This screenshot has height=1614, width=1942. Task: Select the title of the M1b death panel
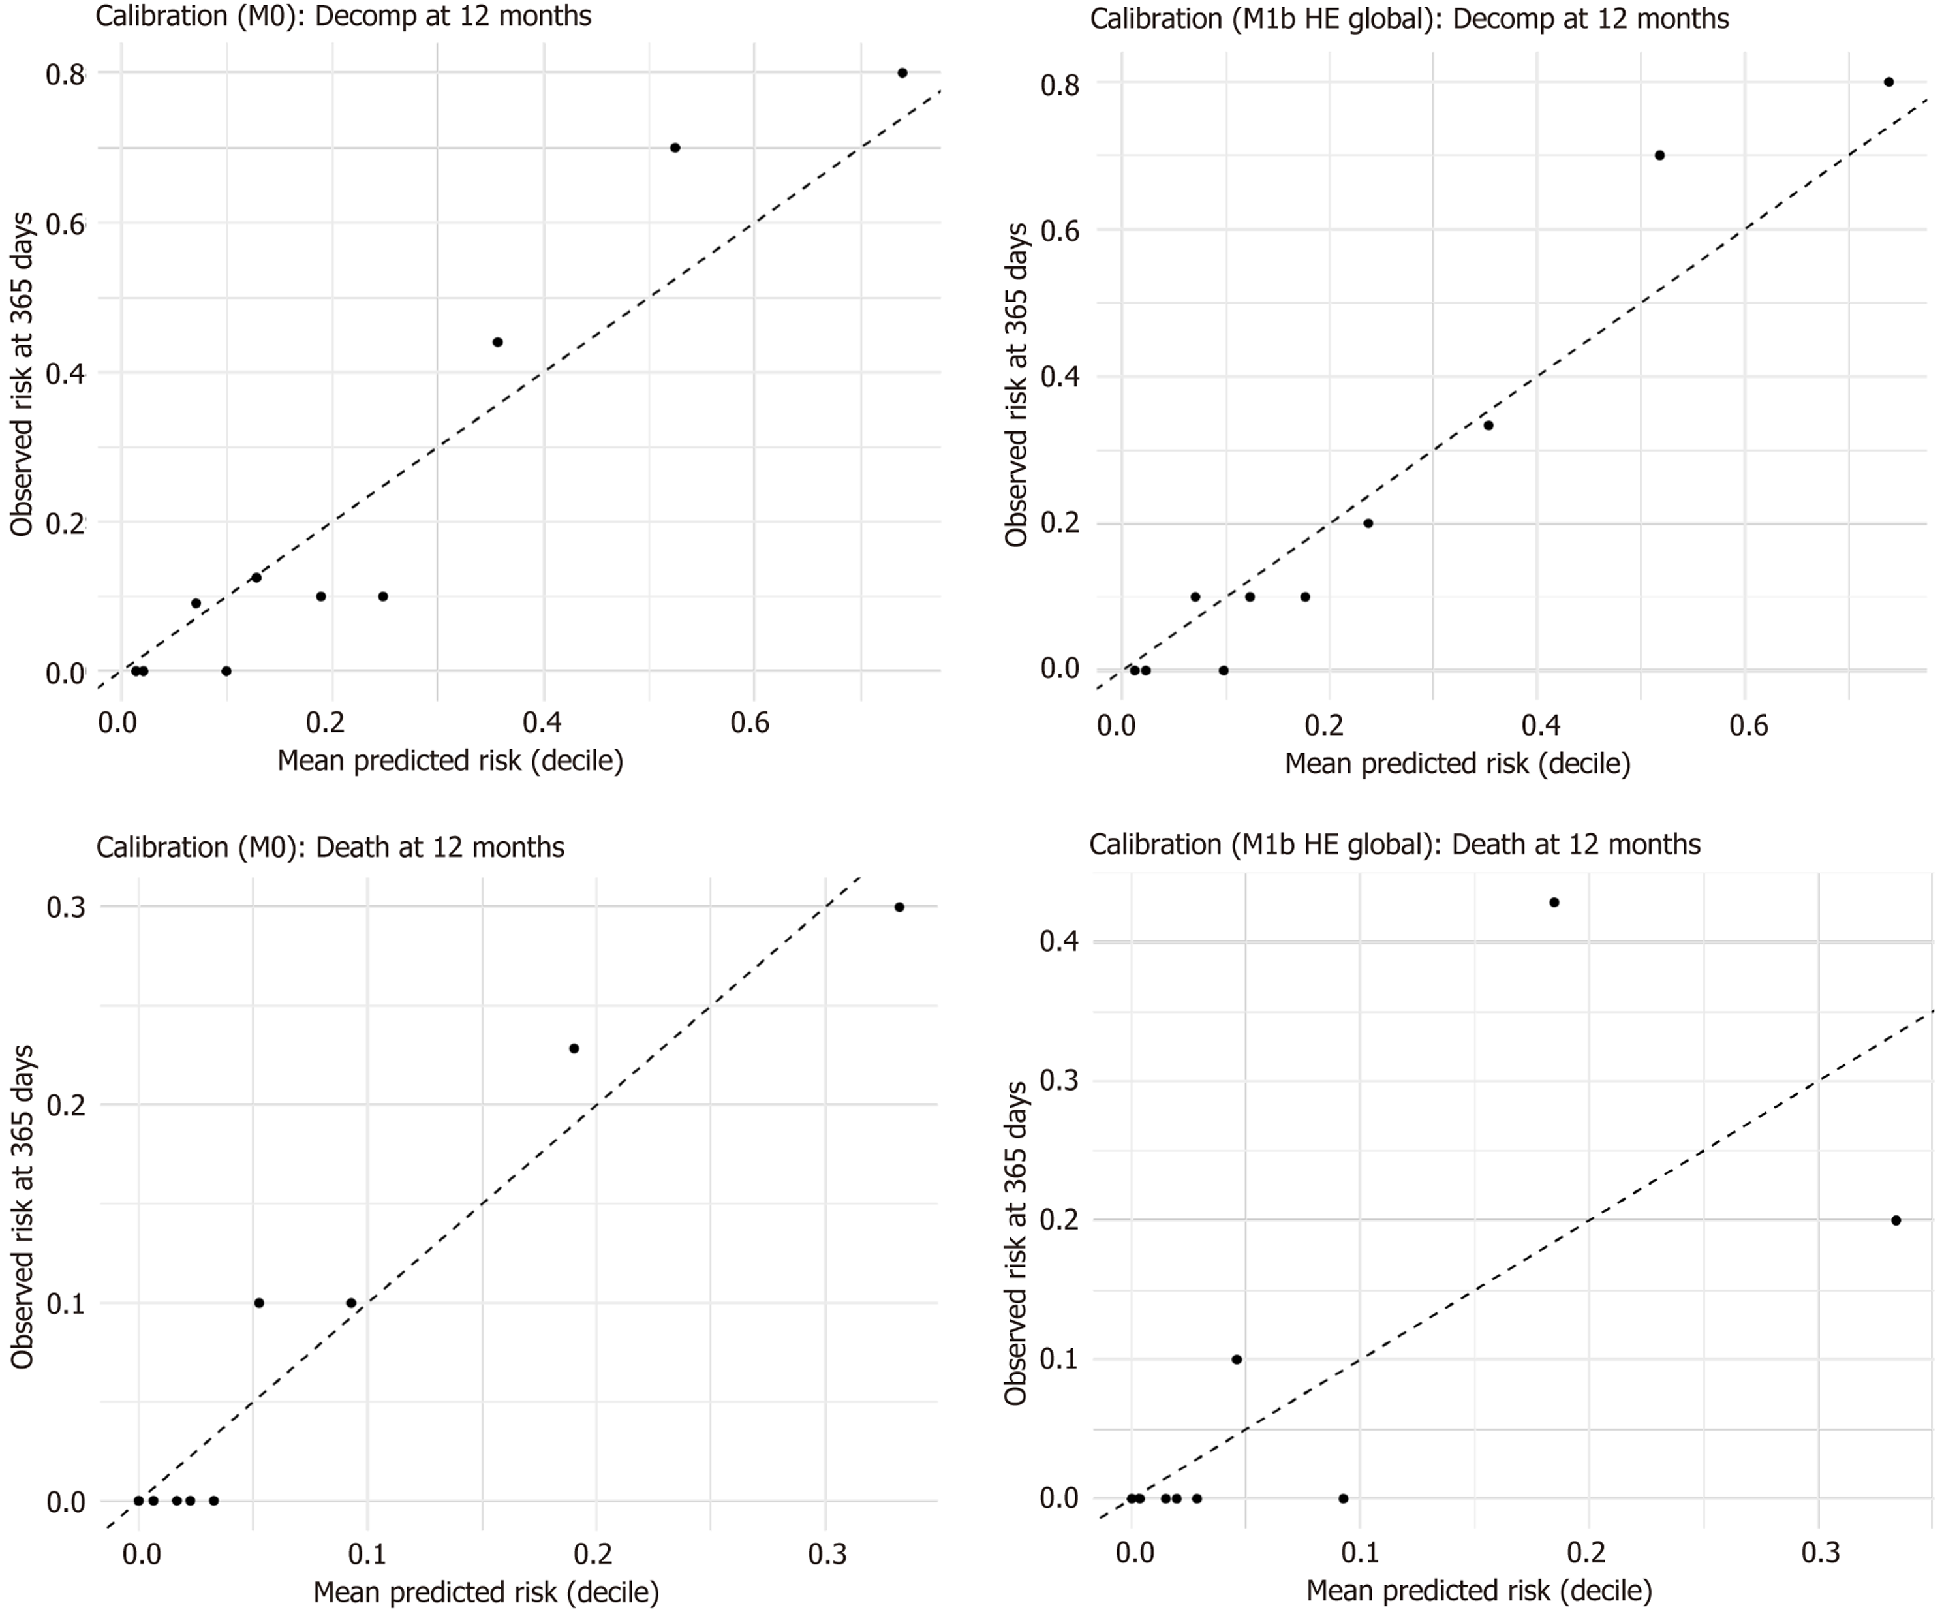[x=1395, y=845]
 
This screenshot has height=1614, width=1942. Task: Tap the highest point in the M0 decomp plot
[x=902, y=73]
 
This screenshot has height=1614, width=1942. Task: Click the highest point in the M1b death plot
[x=1554, y=903]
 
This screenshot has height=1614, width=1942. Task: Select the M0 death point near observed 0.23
[x=574, y=1049]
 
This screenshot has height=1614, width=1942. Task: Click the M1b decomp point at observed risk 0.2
[x=1368, y=523]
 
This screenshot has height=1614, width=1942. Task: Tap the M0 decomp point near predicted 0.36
[x=497, y=342]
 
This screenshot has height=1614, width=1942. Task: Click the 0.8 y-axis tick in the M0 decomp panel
[x=65, y=74]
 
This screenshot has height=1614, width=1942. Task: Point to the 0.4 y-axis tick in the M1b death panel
[x=1059, y=942]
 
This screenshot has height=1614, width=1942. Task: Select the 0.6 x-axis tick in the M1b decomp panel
[x=1748, y=724]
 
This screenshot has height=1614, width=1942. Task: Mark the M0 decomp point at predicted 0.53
[x=675, y=148]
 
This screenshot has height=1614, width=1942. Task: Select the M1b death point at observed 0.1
[x=1237, y=1359]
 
